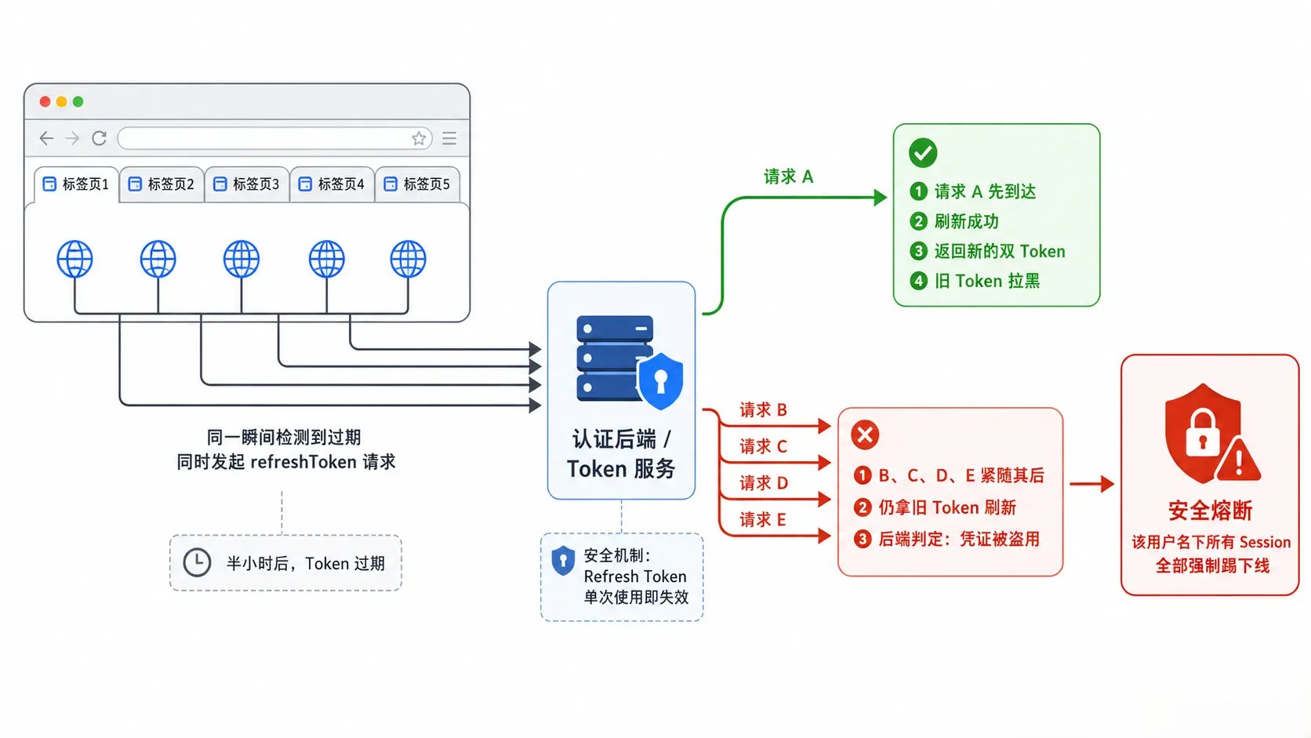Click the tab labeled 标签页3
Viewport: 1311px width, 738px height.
[x=246, y=184]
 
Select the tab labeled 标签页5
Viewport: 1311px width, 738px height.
[x=417, y=184]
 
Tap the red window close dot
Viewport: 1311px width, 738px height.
[x=45, y=102]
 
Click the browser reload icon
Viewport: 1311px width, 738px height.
[x=99, y=138]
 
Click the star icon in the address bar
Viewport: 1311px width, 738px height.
[x=419, y=138]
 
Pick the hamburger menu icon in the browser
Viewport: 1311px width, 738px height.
[x=449, y=138]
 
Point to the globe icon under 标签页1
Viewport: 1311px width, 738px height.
[x=75, y=259]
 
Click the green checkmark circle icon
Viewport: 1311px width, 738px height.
[x=923, y=153]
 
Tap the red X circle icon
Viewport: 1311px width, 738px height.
[x=865, y=434]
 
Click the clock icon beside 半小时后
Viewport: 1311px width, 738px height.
[x=198, y=562]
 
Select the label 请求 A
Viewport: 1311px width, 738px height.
[x=788, y=176]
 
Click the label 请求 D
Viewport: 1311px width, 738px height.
[x=763, y=483]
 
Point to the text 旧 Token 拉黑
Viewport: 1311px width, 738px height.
[x=986, y=281]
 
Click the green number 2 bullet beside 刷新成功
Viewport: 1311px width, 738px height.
[x=918, y=221]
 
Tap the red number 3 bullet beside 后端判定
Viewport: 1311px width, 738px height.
[x=862, y=539]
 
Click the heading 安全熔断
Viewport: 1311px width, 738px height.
[x=1211, y=511]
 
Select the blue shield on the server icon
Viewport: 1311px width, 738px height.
[x=661, y=381]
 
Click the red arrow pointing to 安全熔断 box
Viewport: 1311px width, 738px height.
[x=1091, y=484]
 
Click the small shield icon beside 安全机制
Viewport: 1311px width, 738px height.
[x=563, y=561]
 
